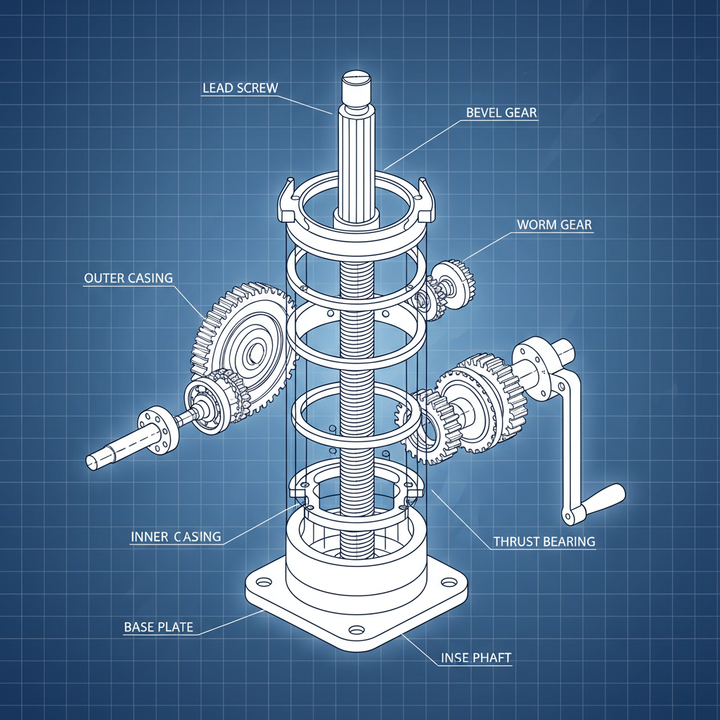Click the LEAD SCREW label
point(240,88)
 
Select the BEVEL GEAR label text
point(501,112)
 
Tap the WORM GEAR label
point(554,225)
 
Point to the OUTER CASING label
point(128,278)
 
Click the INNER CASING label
point(176,536)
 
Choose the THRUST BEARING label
point(544,541)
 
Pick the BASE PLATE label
point(158,626)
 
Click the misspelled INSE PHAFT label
point(476,658)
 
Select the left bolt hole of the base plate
point(264,582)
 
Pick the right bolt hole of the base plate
point(448,581)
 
